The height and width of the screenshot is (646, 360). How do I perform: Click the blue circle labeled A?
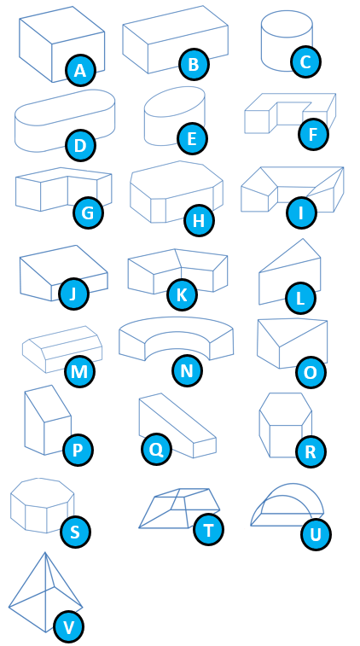pos(81,71)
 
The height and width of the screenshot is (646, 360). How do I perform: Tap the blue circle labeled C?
pos(305,61)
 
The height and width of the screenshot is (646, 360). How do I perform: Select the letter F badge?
pos(313,134)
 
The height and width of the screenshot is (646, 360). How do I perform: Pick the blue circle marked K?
pos(182,295)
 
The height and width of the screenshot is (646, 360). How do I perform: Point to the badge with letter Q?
pos(156,449)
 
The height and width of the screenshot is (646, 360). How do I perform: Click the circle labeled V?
pos(68,627)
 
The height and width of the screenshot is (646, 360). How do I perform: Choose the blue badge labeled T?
pos(208,530)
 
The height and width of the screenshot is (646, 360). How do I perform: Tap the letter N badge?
pos(187,371)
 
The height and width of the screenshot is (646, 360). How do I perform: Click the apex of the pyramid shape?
pos(45,553)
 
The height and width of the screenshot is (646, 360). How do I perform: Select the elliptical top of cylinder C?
pos(287,24)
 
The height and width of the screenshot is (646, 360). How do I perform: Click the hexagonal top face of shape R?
pos(286,409)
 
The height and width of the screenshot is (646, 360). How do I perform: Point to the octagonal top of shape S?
pos(42,492)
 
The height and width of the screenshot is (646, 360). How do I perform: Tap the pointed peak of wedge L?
pos(303,239)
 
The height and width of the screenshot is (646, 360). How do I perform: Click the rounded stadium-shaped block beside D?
pos(65,120)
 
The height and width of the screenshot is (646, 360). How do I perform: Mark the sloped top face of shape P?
pos(48,404)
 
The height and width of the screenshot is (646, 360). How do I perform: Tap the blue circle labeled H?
pos(199,221)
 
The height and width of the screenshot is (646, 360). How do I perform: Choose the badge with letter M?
pos(79,371)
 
